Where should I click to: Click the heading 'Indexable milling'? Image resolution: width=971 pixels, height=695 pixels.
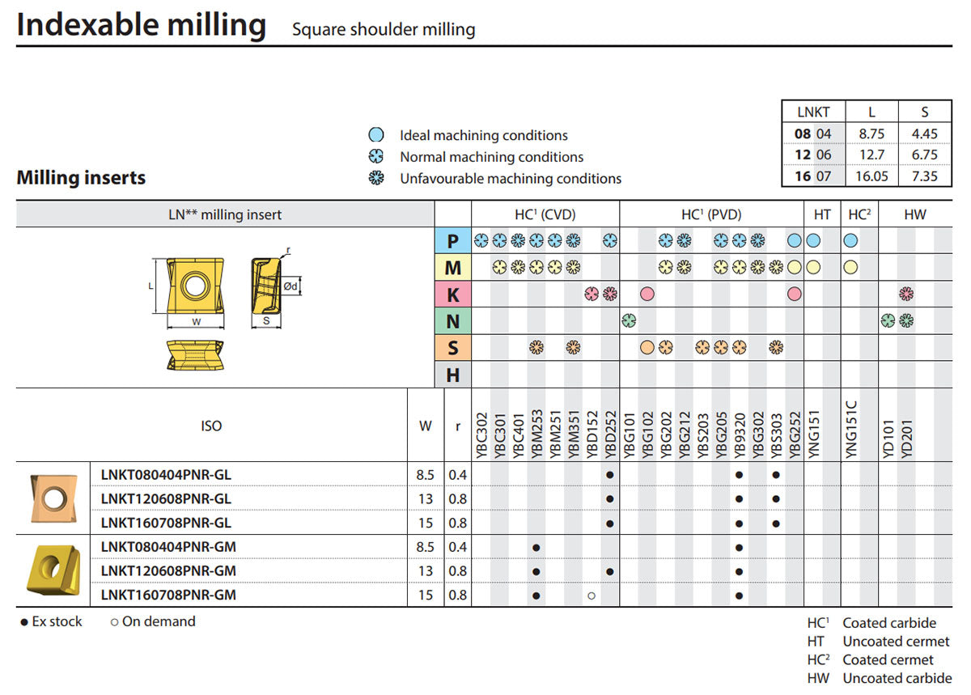click(142, 26)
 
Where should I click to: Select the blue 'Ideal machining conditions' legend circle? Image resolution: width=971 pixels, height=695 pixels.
click(375, 135)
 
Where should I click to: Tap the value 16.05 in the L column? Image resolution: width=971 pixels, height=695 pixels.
click(871, 176)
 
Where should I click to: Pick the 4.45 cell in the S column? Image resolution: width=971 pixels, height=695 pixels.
click(924, 133)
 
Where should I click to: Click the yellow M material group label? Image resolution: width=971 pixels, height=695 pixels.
click(452, 268)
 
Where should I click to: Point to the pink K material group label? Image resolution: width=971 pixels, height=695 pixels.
click(452, 295)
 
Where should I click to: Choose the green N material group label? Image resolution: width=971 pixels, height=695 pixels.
click(452, 321)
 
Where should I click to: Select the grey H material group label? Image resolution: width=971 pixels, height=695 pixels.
click(452, 375)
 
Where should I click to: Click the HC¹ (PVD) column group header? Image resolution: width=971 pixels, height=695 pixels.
click(711, 214)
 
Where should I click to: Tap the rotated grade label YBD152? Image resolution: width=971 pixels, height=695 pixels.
click(592, 434)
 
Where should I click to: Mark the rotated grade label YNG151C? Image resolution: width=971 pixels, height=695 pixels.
click(851, 430)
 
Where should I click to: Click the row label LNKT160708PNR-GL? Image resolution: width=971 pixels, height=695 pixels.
click(166, 523)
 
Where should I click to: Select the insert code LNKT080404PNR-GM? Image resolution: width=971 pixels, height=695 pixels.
click(168, 547)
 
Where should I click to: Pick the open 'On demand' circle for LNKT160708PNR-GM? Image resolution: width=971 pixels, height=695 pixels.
click(592, 595)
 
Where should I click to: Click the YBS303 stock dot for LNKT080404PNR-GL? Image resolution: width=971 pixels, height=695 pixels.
click(776, 475)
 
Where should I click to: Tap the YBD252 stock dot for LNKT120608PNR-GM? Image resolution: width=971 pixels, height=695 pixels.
click(610, 571)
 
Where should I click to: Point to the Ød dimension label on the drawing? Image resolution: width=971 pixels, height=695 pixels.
click(290, 286)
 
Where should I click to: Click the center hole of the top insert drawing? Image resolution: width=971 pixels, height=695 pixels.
click(195, 286)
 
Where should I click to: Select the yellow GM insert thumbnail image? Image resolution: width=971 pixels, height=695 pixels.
click(53, 570)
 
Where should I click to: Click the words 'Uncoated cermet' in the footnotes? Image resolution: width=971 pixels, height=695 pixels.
click(896, 641)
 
